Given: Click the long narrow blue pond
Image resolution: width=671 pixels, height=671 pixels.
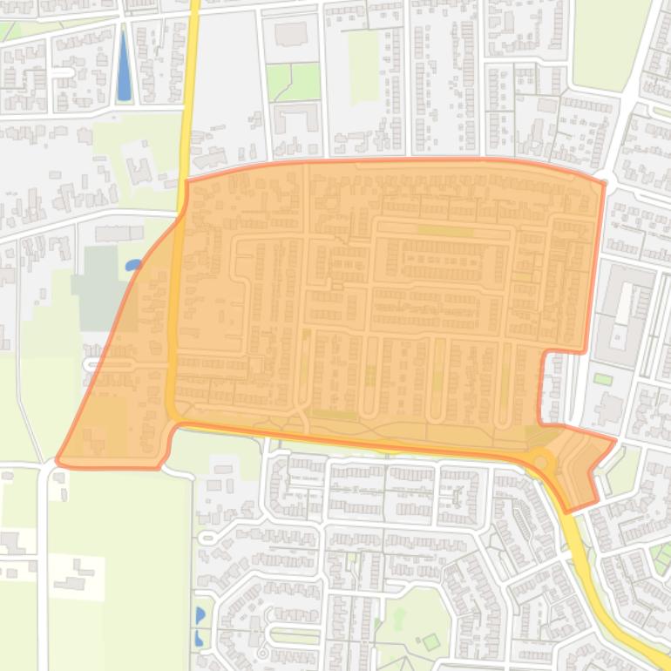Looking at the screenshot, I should tap(124, 66).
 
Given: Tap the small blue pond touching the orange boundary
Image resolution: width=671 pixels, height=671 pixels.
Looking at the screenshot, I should tap(132, 265).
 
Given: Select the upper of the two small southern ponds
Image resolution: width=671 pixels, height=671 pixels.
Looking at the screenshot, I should tap(200, 615).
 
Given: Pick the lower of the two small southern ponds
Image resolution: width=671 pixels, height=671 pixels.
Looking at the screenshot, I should tap(199, 638).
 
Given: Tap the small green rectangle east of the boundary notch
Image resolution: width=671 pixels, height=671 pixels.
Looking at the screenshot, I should tap(602, 379).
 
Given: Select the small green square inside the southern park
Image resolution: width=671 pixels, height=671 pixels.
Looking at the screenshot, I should tap(430, 642).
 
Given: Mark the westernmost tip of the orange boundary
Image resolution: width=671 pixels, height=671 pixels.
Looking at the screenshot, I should tap(58, 459).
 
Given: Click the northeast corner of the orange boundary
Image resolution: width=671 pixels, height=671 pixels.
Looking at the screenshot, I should tap(604, 183).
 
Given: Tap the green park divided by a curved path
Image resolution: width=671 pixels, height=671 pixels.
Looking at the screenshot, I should tap(293, 82).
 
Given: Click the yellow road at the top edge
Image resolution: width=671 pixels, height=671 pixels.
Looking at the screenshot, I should tap(193, 9).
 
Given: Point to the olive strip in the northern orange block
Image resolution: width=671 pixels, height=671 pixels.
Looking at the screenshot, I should tap(444, 231).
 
